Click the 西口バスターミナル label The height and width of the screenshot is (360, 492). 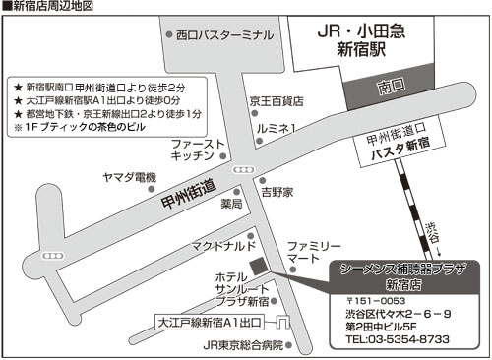click(224, 34)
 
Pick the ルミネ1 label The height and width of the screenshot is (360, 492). click(277, 128)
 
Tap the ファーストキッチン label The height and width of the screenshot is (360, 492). click(200, 150)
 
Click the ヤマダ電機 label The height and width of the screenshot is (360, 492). click(130, 177)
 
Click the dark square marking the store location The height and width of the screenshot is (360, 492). click(258, 266)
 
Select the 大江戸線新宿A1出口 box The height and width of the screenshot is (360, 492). click(212, 322)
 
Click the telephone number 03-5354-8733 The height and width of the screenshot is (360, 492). click(398, 339)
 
